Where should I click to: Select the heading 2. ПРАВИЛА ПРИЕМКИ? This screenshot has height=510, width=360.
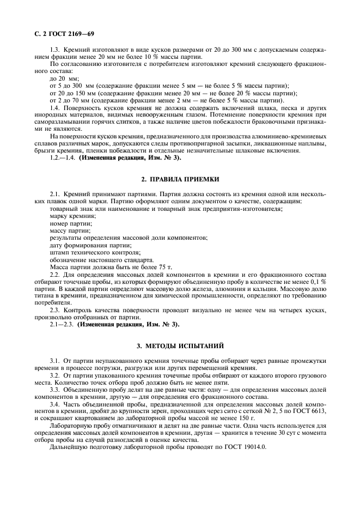180,179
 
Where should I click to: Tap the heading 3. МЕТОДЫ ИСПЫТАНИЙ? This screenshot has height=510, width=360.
180,345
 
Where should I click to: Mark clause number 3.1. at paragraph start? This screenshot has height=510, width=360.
56,361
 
